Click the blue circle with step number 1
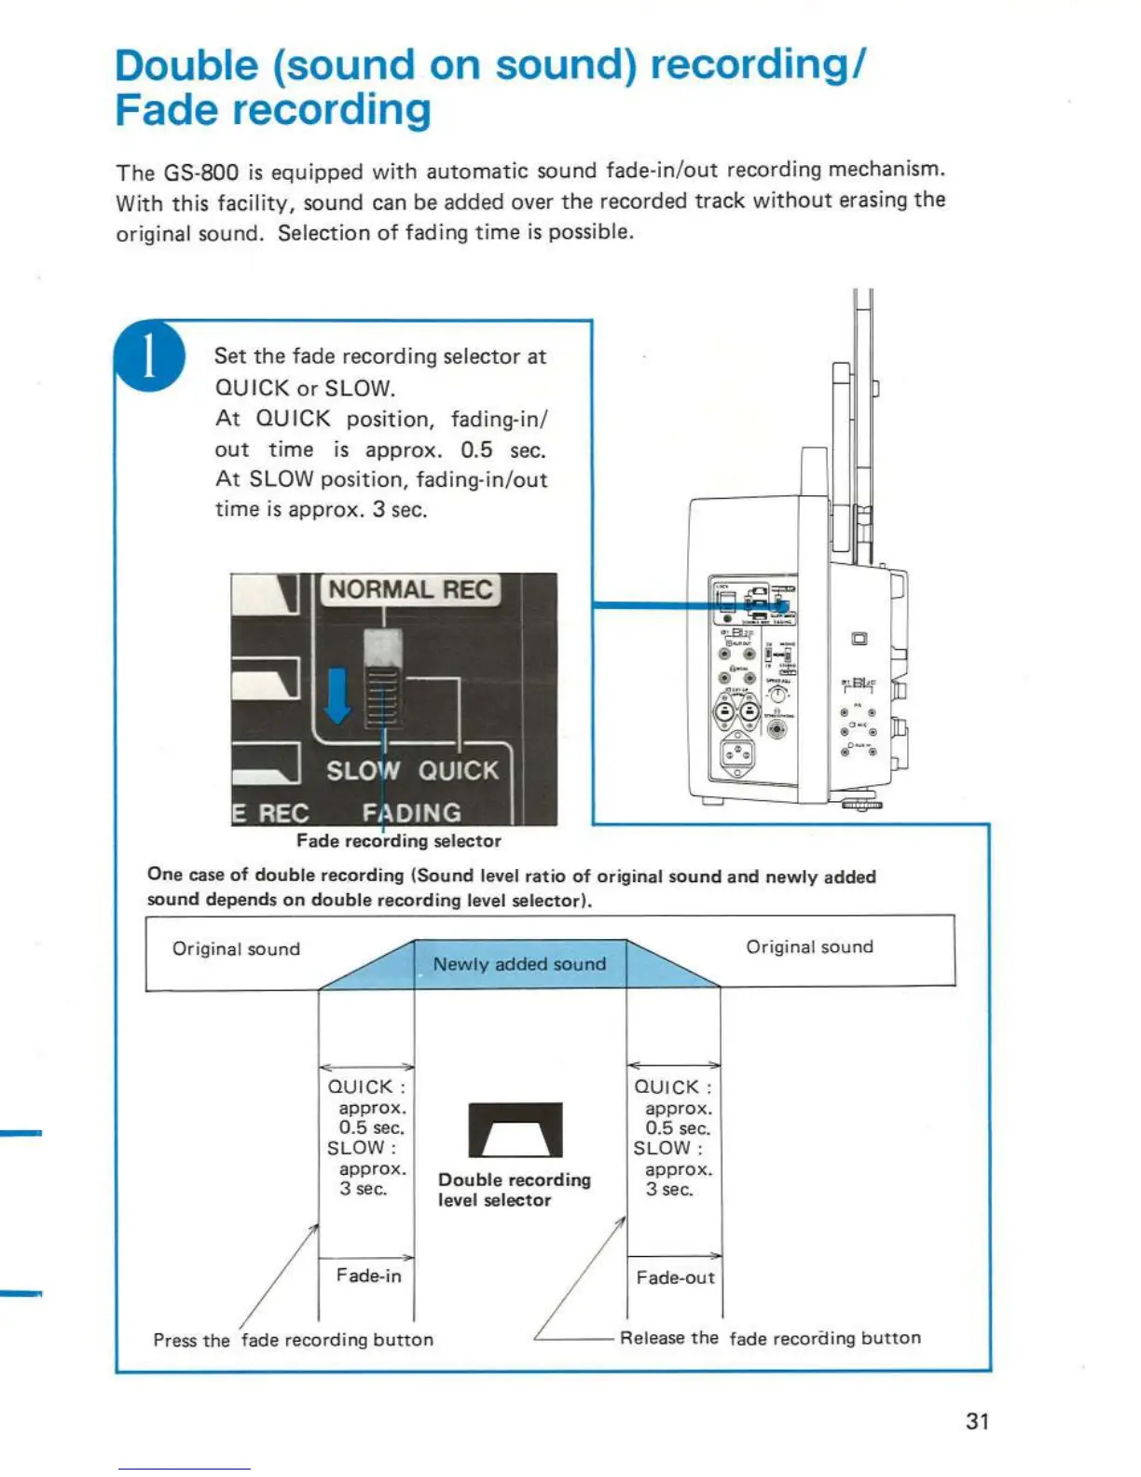[149, 356]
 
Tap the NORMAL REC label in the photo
[410, 590]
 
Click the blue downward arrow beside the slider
[337, 695]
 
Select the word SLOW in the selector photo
[363, 771]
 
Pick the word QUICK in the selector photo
[458, 771]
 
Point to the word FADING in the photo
[411, 813]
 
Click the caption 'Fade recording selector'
[398, 841]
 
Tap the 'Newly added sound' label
[519, 964]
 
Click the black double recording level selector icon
[516, 1129]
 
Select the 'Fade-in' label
[369, 1276]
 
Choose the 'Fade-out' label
[675, 1277]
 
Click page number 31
[977, 1421]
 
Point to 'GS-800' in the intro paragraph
[201, 173]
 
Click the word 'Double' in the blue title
[186, 66]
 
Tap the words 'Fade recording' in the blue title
[273, 111]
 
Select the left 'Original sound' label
[236, 949]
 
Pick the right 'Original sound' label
[809, 947]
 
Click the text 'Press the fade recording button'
[293, 1340]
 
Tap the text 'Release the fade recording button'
[770, 1338]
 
